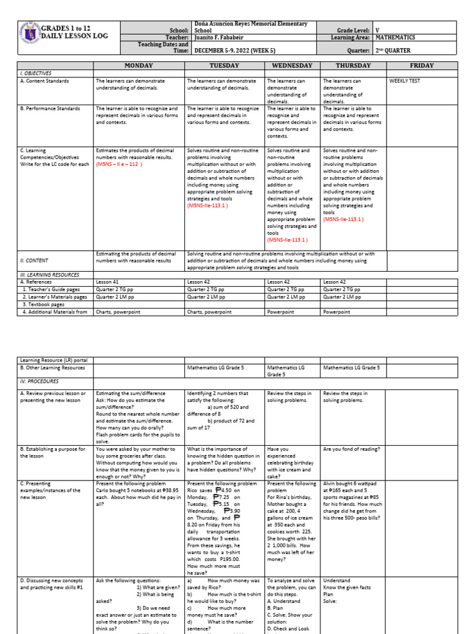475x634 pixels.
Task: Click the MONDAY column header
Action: pyautogui.click(x=139, y=66)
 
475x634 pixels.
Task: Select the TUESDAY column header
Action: pyautogui.click(x=225, y=66)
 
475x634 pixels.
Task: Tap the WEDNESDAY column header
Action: pyautogui.click(x=292, y=66)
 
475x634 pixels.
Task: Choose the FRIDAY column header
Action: pyautogui.click(x=421, y=66)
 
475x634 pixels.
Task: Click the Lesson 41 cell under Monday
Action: pyautogui.click(x=103, y=282)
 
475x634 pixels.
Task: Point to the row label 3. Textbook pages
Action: pyautogui.click(x=45, y=304)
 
